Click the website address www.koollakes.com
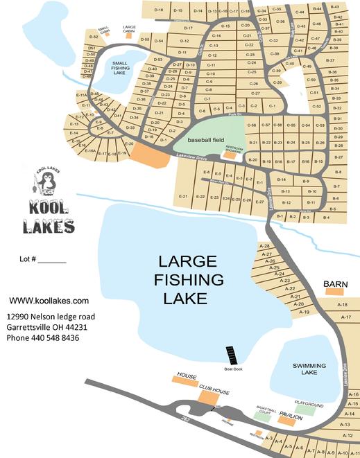49,301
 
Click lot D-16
159,10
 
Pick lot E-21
184,197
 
